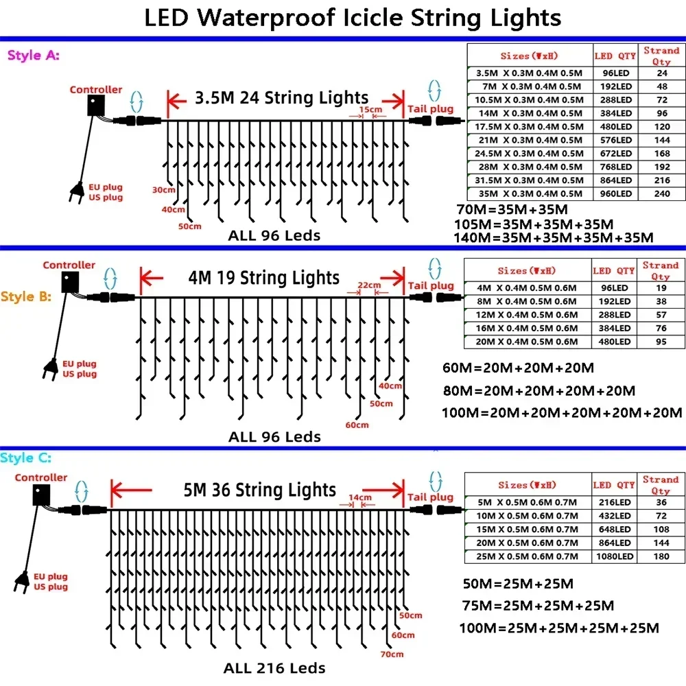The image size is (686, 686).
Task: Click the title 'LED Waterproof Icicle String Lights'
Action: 353,18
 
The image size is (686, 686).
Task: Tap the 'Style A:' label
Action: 33,56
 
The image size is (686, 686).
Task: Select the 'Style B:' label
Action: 26,297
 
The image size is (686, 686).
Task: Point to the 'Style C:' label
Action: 26,458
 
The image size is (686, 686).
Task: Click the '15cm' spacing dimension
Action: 370,109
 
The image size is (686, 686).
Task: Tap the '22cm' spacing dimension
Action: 368,285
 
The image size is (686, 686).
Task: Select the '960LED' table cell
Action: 614,194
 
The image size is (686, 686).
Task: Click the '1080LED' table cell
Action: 614,556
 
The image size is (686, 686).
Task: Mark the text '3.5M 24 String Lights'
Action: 282,97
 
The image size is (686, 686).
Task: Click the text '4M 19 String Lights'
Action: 264,278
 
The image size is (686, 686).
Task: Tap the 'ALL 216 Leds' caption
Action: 274,667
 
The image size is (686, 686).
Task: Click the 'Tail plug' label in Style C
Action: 430,497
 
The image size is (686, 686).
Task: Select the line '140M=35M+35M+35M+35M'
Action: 554,237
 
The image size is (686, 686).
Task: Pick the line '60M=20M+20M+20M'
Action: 518,368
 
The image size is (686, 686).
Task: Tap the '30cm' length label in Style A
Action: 163,189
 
